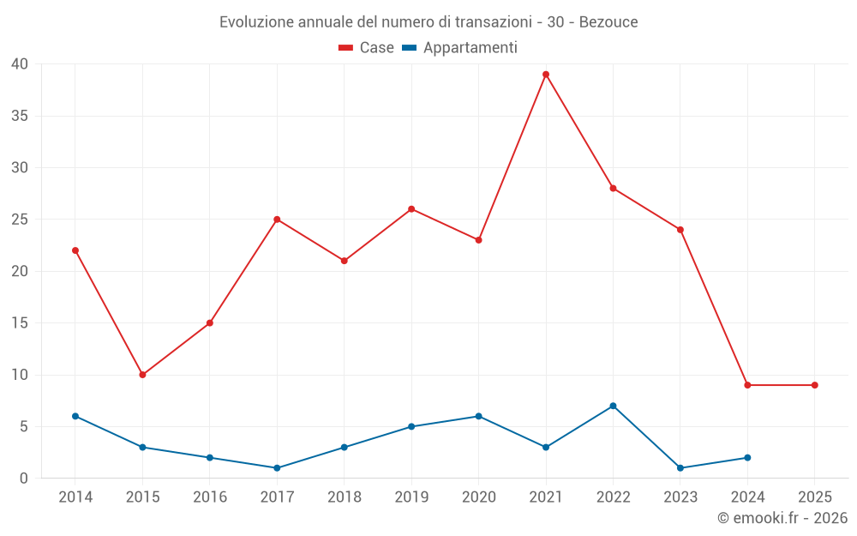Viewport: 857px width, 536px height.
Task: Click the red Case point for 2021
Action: coord(546,75)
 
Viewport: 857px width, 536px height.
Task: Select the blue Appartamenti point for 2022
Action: coord(613,406)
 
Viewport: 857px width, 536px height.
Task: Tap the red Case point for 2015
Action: coord(142,375)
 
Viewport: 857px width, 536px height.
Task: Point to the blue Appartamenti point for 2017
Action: coord(277,468)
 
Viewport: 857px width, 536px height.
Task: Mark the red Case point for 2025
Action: coord(814,385)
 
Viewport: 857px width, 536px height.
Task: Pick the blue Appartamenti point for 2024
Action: coord(747,458)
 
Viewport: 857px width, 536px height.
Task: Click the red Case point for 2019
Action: coord(411,209)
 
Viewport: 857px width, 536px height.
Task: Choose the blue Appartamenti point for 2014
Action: coord(75,416)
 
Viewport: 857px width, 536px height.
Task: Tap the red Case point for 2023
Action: coord(680,230)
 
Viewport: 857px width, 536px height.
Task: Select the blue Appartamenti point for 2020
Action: coord(478,416)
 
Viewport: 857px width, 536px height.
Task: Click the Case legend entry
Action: coord(366,48)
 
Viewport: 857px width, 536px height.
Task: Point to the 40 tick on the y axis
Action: coord(20,64)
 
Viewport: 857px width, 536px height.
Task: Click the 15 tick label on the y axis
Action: coord(20,323)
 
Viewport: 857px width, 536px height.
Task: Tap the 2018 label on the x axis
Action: coord(344,497)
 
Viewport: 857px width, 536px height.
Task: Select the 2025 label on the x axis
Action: coord(814,497)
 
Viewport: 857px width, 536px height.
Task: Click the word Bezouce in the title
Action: coord(608,22)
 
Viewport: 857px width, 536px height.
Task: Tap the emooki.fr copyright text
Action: coord(782,518)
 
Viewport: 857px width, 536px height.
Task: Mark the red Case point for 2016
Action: coord(210,323)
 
